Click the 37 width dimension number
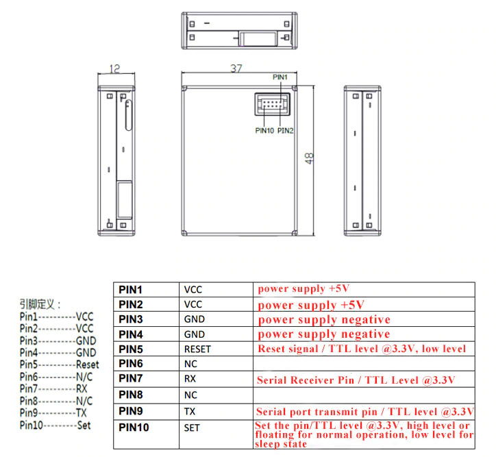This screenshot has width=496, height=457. point(236,69)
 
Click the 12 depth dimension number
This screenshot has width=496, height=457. point(114,69)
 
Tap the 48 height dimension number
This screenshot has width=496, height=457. point(309,158)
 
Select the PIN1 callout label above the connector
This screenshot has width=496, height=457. point(280,77)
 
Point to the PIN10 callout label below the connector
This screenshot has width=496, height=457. point(264,130)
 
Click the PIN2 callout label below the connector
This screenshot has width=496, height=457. point(285,130)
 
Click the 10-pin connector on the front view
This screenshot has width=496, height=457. point(272,104)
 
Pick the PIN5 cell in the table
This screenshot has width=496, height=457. point(131,349)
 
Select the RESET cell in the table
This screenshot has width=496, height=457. point(197,349)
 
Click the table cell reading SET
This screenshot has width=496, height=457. point(192,428)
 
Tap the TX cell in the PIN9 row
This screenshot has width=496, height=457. point(190,412)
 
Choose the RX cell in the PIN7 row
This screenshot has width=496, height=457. point(190,379)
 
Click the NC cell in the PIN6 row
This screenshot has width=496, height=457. point(190,364)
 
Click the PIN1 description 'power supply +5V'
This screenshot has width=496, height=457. point(303,288)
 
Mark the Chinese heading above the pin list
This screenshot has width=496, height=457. point(40,304)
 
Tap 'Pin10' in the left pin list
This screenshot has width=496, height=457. point(31,425)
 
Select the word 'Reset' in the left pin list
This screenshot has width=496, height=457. point(87,365)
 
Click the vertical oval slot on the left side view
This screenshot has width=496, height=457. point(128,115)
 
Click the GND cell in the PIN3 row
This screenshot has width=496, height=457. point(195,319)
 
